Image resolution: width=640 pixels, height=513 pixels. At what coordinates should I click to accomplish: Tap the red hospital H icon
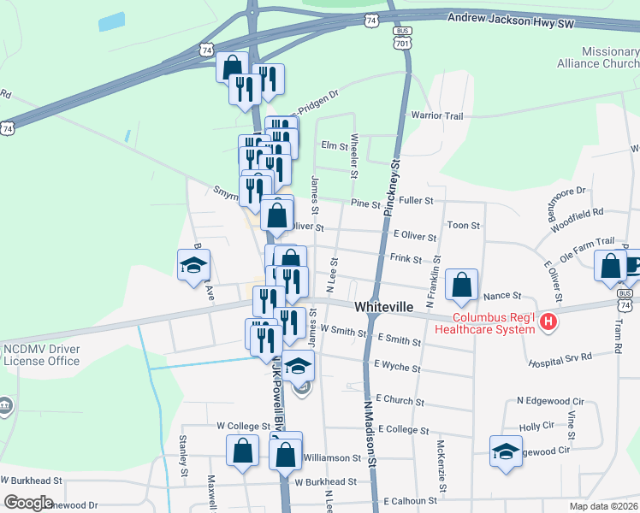tap(548, 321)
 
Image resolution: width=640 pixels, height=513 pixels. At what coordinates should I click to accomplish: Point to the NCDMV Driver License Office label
tap(42, 355)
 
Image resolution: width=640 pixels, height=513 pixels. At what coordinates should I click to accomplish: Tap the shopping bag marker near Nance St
tap(462, 286)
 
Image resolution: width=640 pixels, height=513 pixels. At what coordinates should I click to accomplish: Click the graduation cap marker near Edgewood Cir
tap(506, 451)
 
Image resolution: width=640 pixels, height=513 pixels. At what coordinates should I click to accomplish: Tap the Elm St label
tap(331, 145)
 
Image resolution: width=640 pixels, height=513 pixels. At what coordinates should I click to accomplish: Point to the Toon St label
tap(463, 225)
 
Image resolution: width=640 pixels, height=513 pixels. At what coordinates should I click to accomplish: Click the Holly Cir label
tap(536, 426)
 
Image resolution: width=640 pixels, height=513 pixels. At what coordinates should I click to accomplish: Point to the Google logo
tap(28, 503)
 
